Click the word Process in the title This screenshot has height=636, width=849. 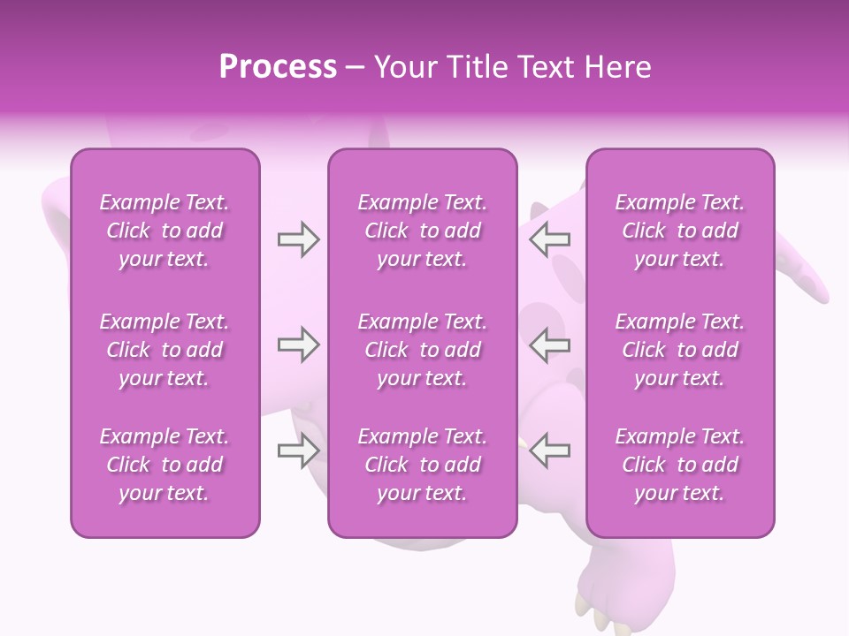tap(278, 67)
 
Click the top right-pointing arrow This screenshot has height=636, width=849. tap(298, 238)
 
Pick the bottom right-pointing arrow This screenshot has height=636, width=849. tap(298, 450)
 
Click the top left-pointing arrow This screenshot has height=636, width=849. tap(550, 238)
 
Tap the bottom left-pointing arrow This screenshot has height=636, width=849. tap(550, 450)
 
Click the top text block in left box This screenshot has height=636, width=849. tap(164, 231)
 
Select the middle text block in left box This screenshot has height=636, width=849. tap(164, 350)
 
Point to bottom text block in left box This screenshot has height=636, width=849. tap(164, 465)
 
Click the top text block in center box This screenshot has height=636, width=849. tap(423, 231)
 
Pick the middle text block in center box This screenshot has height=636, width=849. tap(423, 350)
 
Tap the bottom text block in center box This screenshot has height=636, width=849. tap(423, 465)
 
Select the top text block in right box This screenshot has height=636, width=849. tap(680, 231)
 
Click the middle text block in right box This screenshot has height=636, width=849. tap(680, 350)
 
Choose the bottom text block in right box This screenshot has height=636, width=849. tap(680, 465)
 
